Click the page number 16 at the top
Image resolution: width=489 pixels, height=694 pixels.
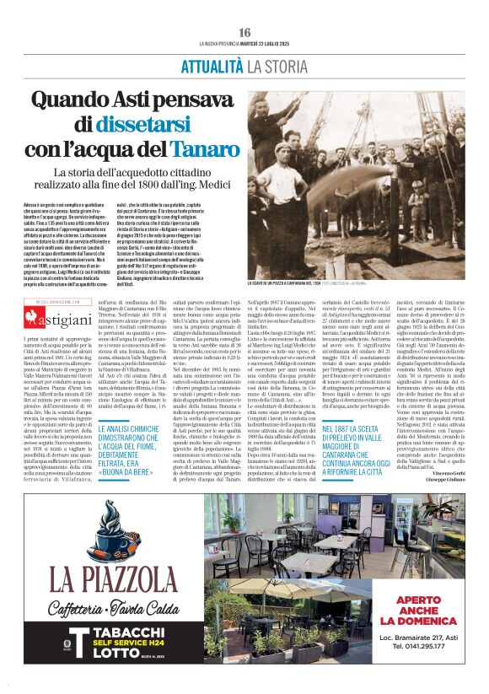click(x=244, y=32)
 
